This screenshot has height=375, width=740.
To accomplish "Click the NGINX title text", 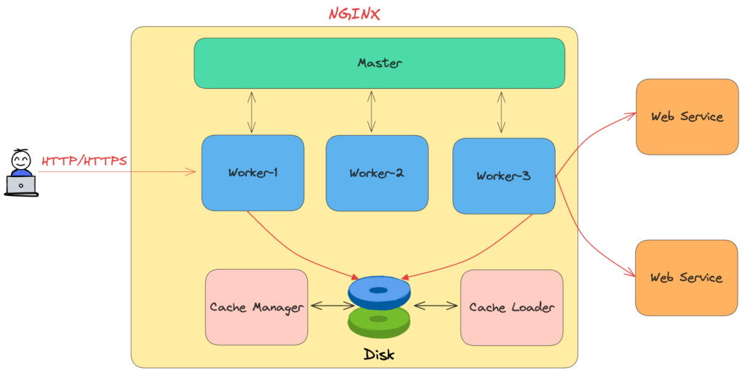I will [x=354, y=13].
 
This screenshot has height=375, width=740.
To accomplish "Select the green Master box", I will [x=379, y=63].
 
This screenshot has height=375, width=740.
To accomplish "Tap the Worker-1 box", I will [x=252, y=173].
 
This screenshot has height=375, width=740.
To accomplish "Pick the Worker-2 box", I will [x=377, y=173].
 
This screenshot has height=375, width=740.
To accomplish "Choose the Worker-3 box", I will [x=504, y=176].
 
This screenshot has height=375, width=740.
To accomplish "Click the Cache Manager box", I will [x=257, y=307].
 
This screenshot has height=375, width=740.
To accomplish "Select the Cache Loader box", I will [x=512, y=307].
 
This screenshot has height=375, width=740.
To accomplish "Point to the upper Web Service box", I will [x=687, y=116].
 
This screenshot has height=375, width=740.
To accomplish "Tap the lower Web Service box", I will [x=687, y=277].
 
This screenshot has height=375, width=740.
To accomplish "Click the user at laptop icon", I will [x=21, y=173].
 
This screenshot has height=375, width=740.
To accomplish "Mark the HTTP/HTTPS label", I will [x=84, y=160].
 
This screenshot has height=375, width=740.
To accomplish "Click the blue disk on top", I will [x=379, y=291].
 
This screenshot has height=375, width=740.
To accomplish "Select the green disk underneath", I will [x=379, y=322].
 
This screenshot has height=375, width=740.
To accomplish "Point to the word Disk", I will [x=379, y=355].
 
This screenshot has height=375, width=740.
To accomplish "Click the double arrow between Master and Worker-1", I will [x=251, y=112].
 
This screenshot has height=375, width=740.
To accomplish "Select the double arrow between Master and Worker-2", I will [x=371, y=112].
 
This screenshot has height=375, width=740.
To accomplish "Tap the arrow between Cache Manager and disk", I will [x=332, y=306].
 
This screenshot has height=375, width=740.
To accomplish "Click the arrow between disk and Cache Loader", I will [x=436, y=306].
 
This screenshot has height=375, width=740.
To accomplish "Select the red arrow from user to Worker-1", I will [x=123, y=172].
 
